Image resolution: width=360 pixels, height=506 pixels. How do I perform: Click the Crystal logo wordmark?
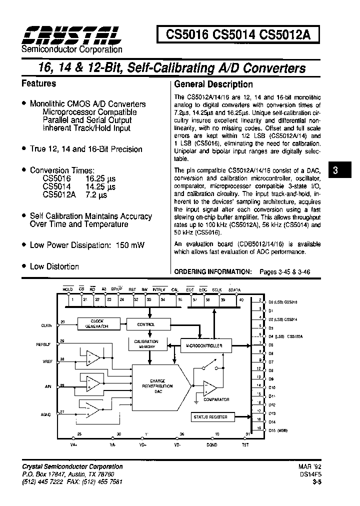coord(70,34)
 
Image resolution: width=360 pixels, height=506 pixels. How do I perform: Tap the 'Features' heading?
coord(39,83)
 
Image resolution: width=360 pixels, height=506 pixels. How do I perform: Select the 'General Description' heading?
coord(213,84)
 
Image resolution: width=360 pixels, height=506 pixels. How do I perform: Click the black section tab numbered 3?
coord(335,170)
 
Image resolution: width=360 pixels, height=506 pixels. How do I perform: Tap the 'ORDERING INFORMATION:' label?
coord(212,271)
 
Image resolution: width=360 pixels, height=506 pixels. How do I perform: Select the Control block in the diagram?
coord(145,324)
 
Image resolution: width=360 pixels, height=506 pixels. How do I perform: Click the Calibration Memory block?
coord(146,344)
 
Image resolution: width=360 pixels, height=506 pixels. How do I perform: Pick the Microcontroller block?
coord(204,345)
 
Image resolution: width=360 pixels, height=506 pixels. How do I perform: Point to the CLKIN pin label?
coord(46,325)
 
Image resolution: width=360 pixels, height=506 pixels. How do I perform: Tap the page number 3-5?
coord(315,481)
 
